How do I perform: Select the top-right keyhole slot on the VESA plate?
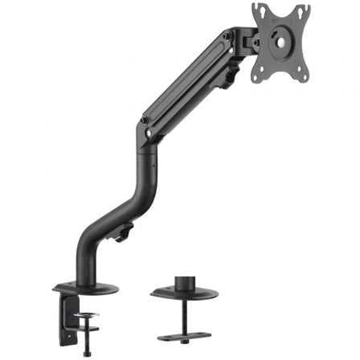[306, 10]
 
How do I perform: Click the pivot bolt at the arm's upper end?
[228, 36]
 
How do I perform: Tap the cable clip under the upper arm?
[231, 77]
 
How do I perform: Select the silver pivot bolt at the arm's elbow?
[145, 121]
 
